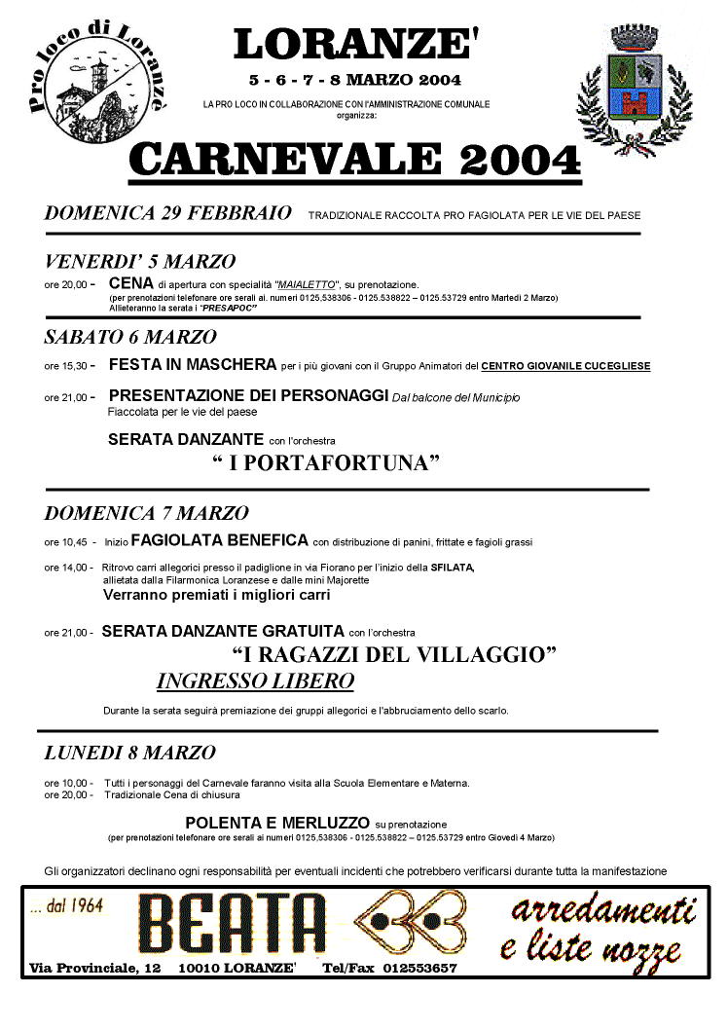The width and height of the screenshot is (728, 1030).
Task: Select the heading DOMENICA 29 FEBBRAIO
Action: tap(167, 213)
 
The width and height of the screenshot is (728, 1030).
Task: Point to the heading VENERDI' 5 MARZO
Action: tap(139, 261)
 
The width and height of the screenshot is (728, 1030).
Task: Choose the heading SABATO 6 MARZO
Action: tap(129, 338)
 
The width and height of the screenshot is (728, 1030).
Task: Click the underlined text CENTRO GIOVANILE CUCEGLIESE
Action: tap(565, 367)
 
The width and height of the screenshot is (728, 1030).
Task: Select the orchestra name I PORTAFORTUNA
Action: tap(326, 463)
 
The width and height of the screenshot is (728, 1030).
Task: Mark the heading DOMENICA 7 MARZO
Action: tap(146, 513)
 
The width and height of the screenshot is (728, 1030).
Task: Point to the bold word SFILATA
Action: tap(452, 568)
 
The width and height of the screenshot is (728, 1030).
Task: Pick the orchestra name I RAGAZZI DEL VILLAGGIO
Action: tap(394, 654)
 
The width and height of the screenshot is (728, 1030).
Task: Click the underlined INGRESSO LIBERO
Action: tap(255, 681)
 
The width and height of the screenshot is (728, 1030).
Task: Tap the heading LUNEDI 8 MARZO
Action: tap(130, 753)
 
